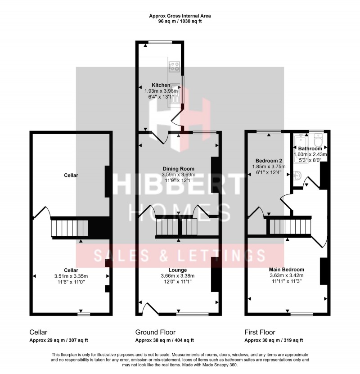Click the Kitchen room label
[161, 85]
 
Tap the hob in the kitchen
[174, 67]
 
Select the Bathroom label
[310, 149]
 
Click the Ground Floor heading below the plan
[155, 332]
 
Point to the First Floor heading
[261, 332]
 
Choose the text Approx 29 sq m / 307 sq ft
[58, 340]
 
